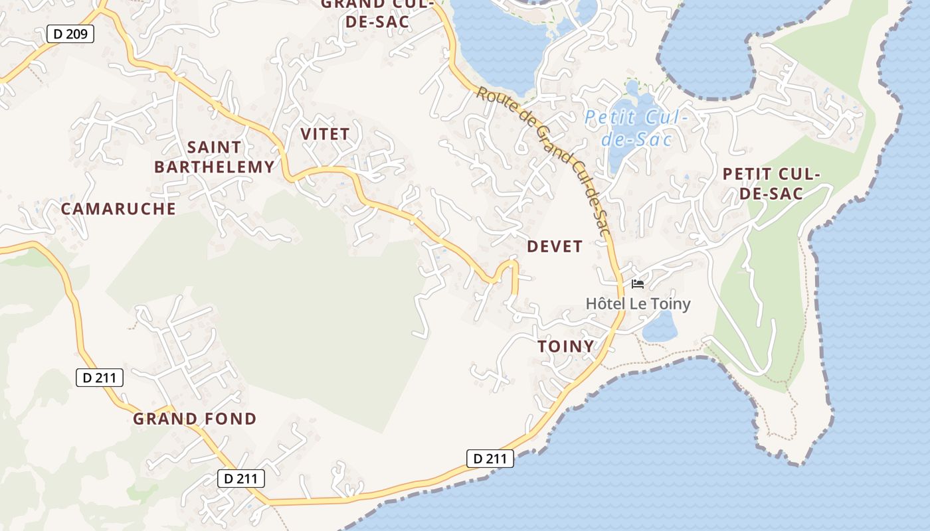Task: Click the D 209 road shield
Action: tap(70, 34)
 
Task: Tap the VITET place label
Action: tap(325, 134)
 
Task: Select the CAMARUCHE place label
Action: tap(118, 209)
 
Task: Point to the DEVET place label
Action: tap(555, 247)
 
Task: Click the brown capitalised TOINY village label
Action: tap(565, 346)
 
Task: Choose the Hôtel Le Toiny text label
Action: tap(638, 304)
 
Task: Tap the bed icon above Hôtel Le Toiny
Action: tap(638, 284)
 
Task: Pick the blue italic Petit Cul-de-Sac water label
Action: tap(636, 129)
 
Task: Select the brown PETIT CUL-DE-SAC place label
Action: tap(771, 184)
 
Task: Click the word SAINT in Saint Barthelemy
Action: tap(214, 147)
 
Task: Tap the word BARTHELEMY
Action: tap(214, 167)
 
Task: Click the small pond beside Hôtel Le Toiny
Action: tap(660, 327)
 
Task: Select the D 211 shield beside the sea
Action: tap(490, 459)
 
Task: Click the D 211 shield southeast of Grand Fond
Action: tap(241, 479)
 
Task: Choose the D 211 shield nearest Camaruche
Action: tap(99, 378)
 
